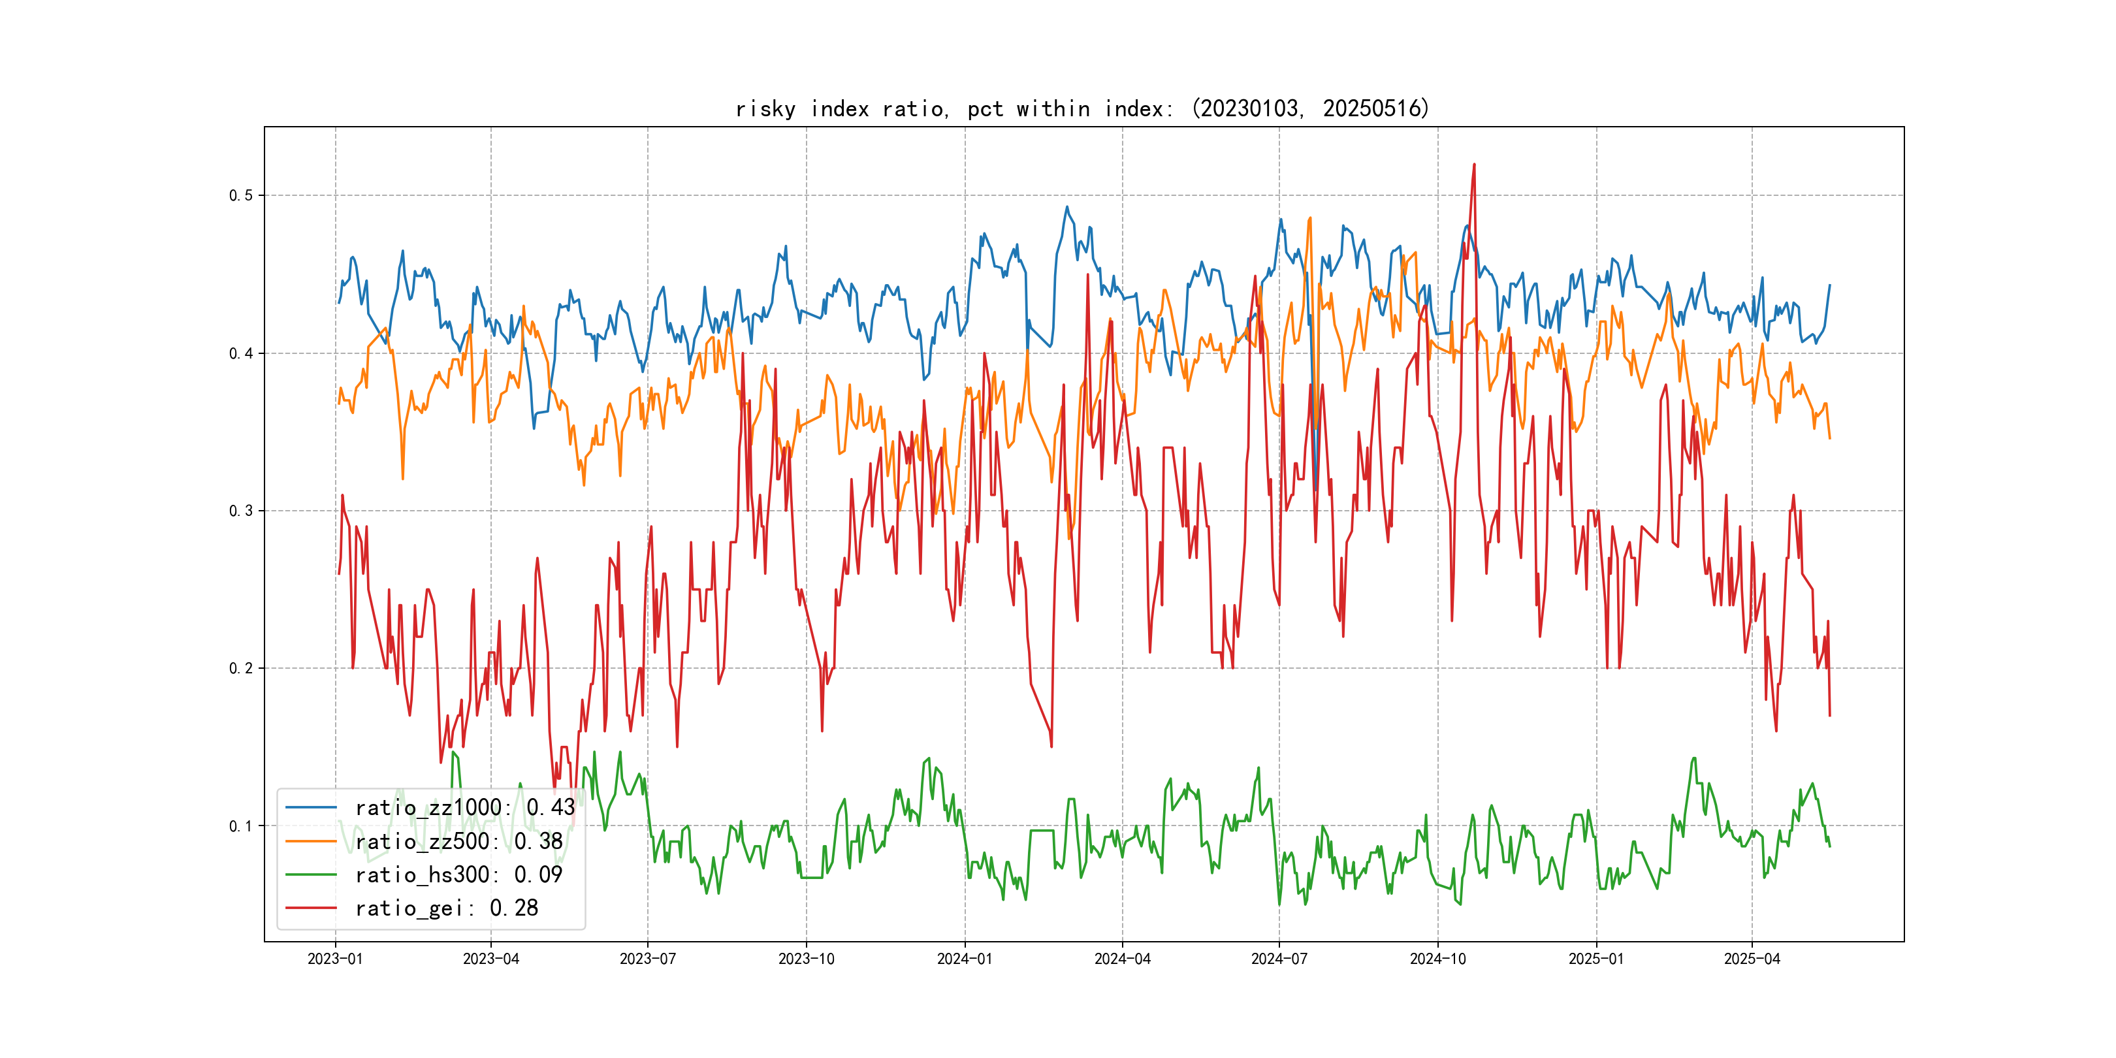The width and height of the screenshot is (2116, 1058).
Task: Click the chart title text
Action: pyautogui.click(x=1082, y=108)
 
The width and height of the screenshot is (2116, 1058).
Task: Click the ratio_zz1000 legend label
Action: pyautogui.click(x=465, y=807)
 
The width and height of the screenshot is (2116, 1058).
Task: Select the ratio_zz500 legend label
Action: pyautogui.click(x=458, y=841)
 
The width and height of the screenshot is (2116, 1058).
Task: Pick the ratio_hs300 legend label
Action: pyautogui.click(x=458, y=875)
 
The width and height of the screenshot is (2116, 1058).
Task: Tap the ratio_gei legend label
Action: pyautogui.click(x=446, y=908)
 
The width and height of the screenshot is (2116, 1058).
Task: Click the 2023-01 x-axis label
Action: pyautogui.click(x=335, y=959)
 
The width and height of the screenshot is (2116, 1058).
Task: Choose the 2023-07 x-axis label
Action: pyautogui.click(x=647, y=959)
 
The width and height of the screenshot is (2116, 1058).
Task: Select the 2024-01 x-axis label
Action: pyautogui.click(x=965, y=959)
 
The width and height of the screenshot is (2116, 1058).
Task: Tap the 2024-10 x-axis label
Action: pyautogui.click(x=1437, y=959)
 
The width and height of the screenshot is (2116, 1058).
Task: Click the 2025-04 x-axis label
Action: pyautogui.click(x=1752, y=959)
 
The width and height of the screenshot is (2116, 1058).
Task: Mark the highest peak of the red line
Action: pyautogui.click(x=1473, y=165)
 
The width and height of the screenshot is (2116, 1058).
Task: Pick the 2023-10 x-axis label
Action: pyautogui.click(x=806, y=959)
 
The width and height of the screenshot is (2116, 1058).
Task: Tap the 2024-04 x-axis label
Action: pyautogui.click(x=1122, y=959)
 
